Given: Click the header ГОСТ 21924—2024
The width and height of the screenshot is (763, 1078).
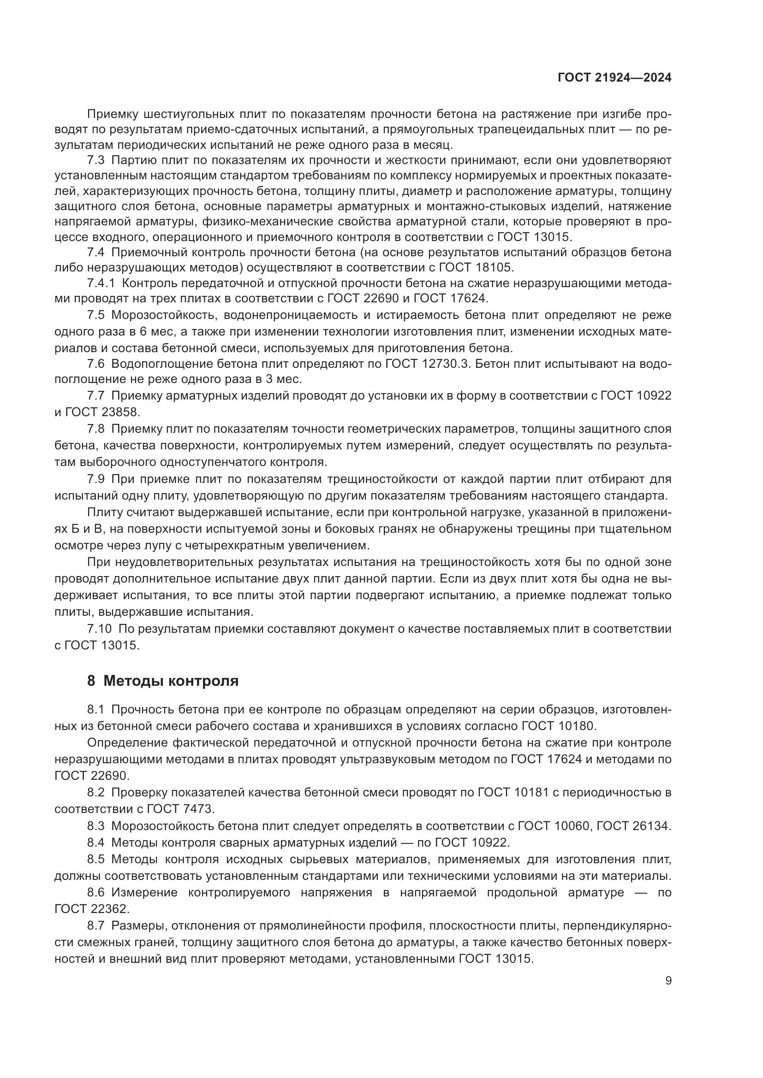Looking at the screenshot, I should tap(614, 78).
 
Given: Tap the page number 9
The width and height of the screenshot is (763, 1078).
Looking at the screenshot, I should tap(668, 981).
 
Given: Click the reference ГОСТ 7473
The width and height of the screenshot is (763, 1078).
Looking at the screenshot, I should tap(180, 809).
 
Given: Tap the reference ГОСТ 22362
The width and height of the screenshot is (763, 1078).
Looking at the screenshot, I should tap(92, 909).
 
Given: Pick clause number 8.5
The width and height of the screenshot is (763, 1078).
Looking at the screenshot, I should tap(95, 859).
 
